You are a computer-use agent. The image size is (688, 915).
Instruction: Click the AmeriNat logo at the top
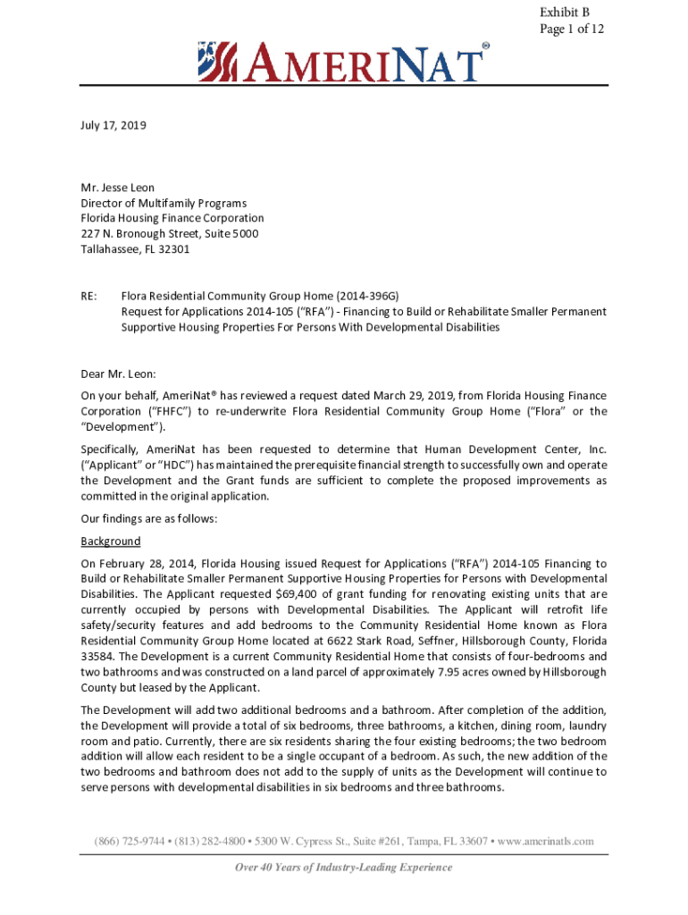[x=344, y=63]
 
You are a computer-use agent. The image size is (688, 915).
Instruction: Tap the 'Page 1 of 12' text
[x=572, y=29]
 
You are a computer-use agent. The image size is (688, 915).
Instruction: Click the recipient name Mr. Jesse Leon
[x=118, y=188]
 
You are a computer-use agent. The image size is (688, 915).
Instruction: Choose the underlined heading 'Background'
[x=111, y=541]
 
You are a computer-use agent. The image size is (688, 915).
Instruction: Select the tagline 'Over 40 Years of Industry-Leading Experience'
[x=344, y=868]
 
